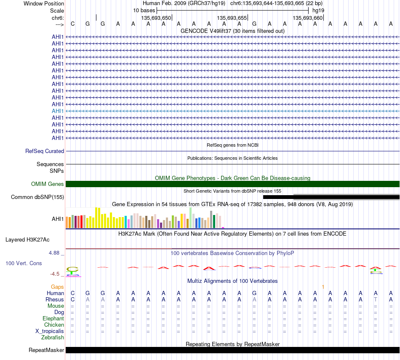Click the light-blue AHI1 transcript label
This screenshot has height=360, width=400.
[x=58, y=111]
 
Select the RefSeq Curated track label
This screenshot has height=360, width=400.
[x=45, y=151]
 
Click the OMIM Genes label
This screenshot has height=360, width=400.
[x=48, y=184]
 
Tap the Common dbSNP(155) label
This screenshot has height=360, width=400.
[x=37, y=197]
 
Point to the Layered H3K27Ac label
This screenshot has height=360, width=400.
[x=27, y=240]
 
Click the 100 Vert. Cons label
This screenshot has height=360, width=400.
[x=24, y=263]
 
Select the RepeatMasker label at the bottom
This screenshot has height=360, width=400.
[x=46, y=350]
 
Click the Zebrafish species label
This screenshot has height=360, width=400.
[x=53, y=338]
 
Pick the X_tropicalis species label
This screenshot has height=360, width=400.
[x=50, y=331]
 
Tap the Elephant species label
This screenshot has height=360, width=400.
[x=53, y=318]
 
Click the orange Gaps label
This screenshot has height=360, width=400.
[x=57, y=287]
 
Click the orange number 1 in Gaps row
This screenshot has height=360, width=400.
[x=323, y=287]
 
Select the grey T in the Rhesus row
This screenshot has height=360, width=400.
[x=376, y=299]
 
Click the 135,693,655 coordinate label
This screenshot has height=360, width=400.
[x=232, y=18]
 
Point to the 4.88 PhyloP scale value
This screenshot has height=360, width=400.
[x=54, y=253]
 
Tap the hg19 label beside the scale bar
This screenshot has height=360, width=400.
[x=318, y=11]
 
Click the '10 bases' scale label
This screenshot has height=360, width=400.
[x=144, y=11]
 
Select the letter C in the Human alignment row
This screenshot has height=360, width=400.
[x=73, y=293]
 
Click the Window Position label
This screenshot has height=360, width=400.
[x=44, y=3]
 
